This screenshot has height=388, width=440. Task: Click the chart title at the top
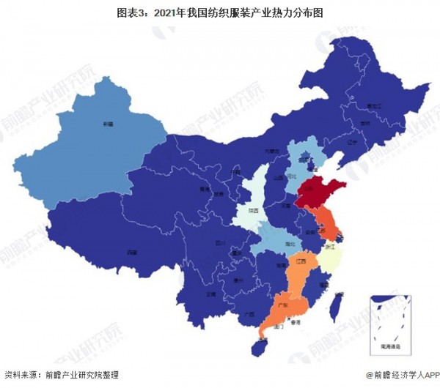pyautogui.click(x=220, y=12)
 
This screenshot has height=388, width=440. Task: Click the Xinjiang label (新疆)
pyautogui.click(x=108, y=124)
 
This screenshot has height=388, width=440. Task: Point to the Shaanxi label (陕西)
pyautogui.click(x=252, y=209)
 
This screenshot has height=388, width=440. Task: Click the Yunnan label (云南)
pyautogui.click(x=191, y=293)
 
